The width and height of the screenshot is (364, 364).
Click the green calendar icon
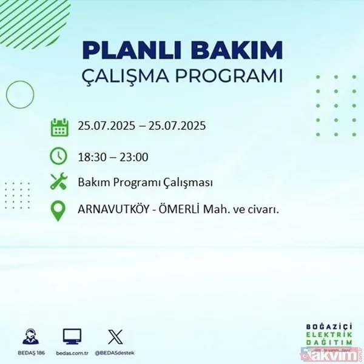59,128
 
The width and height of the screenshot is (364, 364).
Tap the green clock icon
59,156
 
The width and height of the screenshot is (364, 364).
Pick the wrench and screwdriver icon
59,183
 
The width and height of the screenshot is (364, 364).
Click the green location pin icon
59,211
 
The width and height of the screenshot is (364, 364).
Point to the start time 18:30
91,158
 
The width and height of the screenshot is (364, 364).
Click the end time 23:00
134,158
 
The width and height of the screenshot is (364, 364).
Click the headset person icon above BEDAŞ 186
31,336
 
